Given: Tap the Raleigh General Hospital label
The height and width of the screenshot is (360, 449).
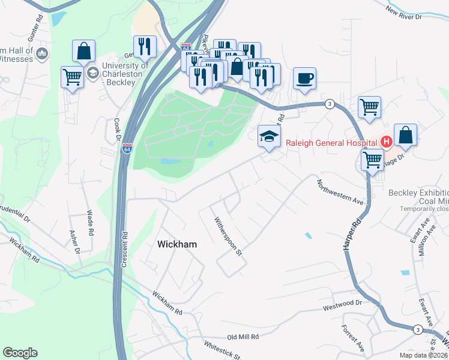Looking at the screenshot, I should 332,142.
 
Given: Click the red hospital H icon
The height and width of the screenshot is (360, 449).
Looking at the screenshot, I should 387,142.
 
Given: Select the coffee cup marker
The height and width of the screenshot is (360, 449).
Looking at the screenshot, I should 305,78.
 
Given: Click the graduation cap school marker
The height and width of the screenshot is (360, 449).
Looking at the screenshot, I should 269,136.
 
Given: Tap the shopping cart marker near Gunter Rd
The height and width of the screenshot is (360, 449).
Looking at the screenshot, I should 72,76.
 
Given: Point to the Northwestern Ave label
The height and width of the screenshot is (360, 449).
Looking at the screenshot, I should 341,193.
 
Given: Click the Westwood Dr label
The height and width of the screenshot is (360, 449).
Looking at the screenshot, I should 344,307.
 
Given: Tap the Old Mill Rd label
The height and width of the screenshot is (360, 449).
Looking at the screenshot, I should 243,337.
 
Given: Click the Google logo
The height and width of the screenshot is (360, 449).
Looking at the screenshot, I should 20,353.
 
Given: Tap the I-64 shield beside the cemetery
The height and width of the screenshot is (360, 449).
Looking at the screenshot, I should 127,148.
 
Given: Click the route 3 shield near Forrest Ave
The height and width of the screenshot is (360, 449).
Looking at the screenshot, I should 417,329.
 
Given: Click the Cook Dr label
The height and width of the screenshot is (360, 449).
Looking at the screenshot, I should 117,128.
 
